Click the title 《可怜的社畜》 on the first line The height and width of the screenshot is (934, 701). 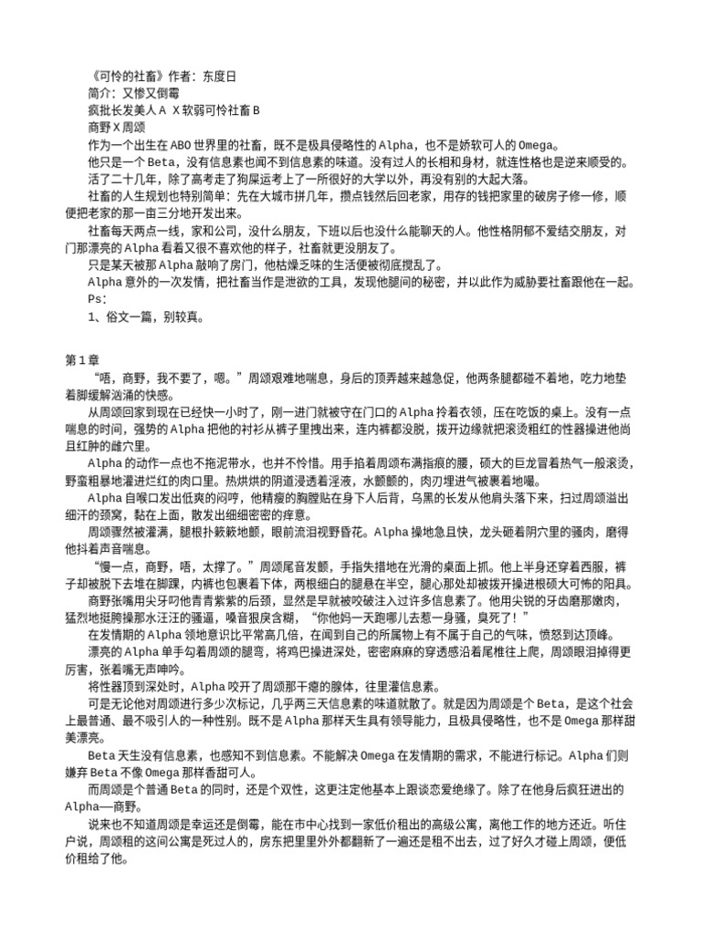(121, 77)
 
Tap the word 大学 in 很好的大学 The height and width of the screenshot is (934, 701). (410, 180)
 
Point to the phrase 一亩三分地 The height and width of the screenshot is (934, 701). (200, 214)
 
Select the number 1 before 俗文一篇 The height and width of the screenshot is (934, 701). (91, 317)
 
